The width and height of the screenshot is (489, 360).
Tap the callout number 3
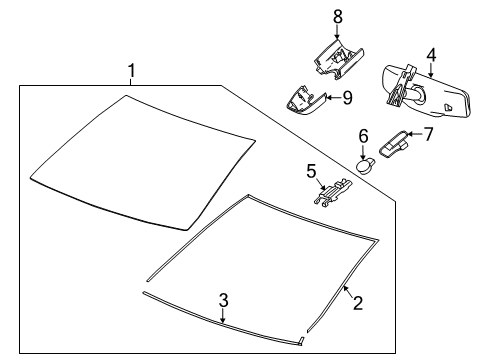(223, 299)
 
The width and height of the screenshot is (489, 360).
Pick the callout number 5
(310, 170)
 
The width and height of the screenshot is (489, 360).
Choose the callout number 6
(364, 135)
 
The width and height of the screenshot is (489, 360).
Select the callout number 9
(346, 97)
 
